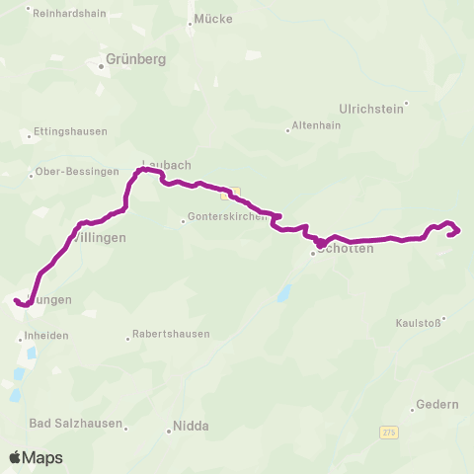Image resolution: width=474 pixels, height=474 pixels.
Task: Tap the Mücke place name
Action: point(211,19)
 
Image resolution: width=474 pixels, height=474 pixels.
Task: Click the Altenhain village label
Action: point(317,127)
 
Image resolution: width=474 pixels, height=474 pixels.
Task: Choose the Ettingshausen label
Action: point(68,131)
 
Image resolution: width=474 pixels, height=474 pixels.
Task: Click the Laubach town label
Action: point(166,164)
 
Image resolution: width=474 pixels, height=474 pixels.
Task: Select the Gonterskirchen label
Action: point(227,218)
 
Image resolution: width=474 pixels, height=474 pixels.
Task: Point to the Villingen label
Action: point(99,238)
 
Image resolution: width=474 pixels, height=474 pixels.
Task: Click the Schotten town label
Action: point(346,251)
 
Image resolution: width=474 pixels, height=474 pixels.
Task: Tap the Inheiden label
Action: point(46,336)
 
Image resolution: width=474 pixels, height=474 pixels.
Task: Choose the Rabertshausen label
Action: point(173,334)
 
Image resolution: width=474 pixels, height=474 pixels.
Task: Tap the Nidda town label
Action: point(190,427)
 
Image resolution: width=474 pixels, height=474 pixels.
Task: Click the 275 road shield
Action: point(390,433)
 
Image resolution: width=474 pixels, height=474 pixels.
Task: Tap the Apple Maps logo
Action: point(36,457)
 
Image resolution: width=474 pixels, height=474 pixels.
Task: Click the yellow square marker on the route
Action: point(236,193)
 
